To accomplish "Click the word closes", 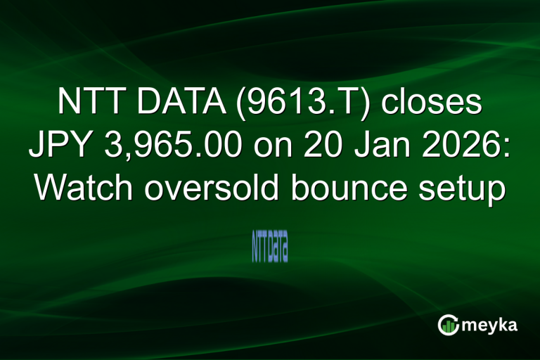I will pyautogui.click(x=432, y=103).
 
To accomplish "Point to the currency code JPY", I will pyautogui.click(x=59, y=146).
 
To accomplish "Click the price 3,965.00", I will pyautogui.click(x=177, y=146).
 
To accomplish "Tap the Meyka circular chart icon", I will pyautogui.click(x=447, y=325).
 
